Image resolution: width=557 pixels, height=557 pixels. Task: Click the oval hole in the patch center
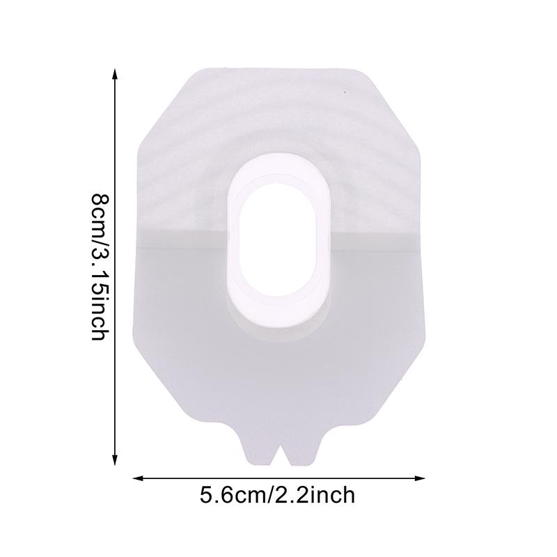277,235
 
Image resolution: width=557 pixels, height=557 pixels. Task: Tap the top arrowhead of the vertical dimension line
114,74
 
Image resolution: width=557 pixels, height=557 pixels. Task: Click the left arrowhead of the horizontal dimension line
138,478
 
